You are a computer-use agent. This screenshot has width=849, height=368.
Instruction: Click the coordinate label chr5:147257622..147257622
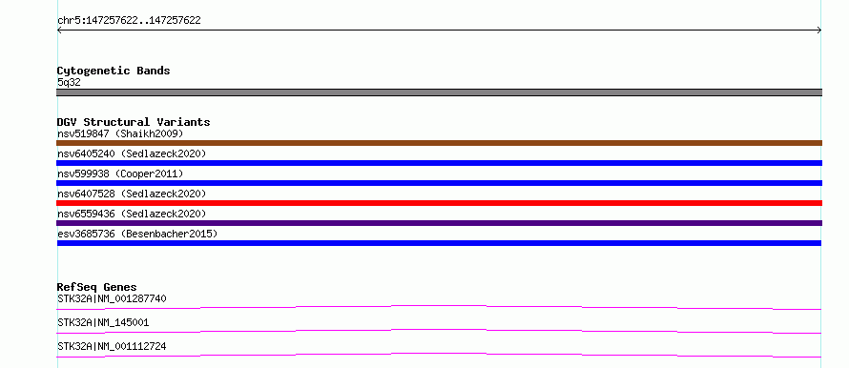click(129, 21)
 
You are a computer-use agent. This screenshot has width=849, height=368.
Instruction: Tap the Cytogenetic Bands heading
click(114, 71)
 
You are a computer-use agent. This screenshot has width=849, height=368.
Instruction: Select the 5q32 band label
click(69, 82)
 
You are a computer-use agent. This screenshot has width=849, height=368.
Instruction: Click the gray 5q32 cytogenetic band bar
click(439, 92)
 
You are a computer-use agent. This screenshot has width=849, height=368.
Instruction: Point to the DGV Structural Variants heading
click(134, 122)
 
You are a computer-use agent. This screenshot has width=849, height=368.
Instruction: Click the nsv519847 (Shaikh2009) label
click(120, 133)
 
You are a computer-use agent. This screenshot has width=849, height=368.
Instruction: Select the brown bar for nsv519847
click(439, 143)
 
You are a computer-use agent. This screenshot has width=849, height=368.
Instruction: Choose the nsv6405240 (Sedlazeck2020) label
click(132, 153)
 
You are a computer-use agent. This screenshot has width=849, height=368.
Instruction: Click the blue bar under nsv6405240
click(439, 163)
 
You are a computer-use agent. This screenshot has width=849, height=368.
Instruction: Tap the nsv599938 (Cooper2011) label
click(120, 174)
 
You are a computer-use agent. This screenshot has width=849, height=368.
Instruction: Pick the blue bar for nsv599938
click(439, 183)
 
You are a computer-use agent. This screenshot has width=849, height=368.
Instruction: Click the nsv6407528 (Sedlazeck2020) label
click(132, 194)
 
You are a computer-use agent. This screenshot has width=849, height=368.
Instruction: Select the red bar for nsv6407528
click(439, 203)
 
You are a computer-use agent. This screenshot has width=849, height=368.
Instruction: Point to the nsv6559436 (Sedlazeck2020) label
click(132, 214)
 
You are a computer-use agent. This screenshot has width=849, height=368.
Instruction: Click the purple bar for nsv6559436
click(439, 223)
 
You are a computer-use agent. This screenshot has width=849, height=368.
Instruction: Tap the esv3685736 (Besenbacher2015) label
click(137, 234)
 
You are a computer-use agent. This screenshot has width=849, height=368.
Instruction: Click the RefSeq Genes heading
click(97, 287)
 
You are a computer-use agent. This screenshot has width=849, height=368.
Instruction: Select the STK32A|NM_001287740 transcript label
click(112, 298)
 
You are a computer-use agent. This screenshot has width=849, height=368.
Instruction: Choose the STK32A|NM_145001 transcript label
click(103, 322)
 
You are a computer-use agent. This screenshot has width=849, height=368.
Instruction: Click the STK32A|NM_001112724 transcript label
click(112, 346)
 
